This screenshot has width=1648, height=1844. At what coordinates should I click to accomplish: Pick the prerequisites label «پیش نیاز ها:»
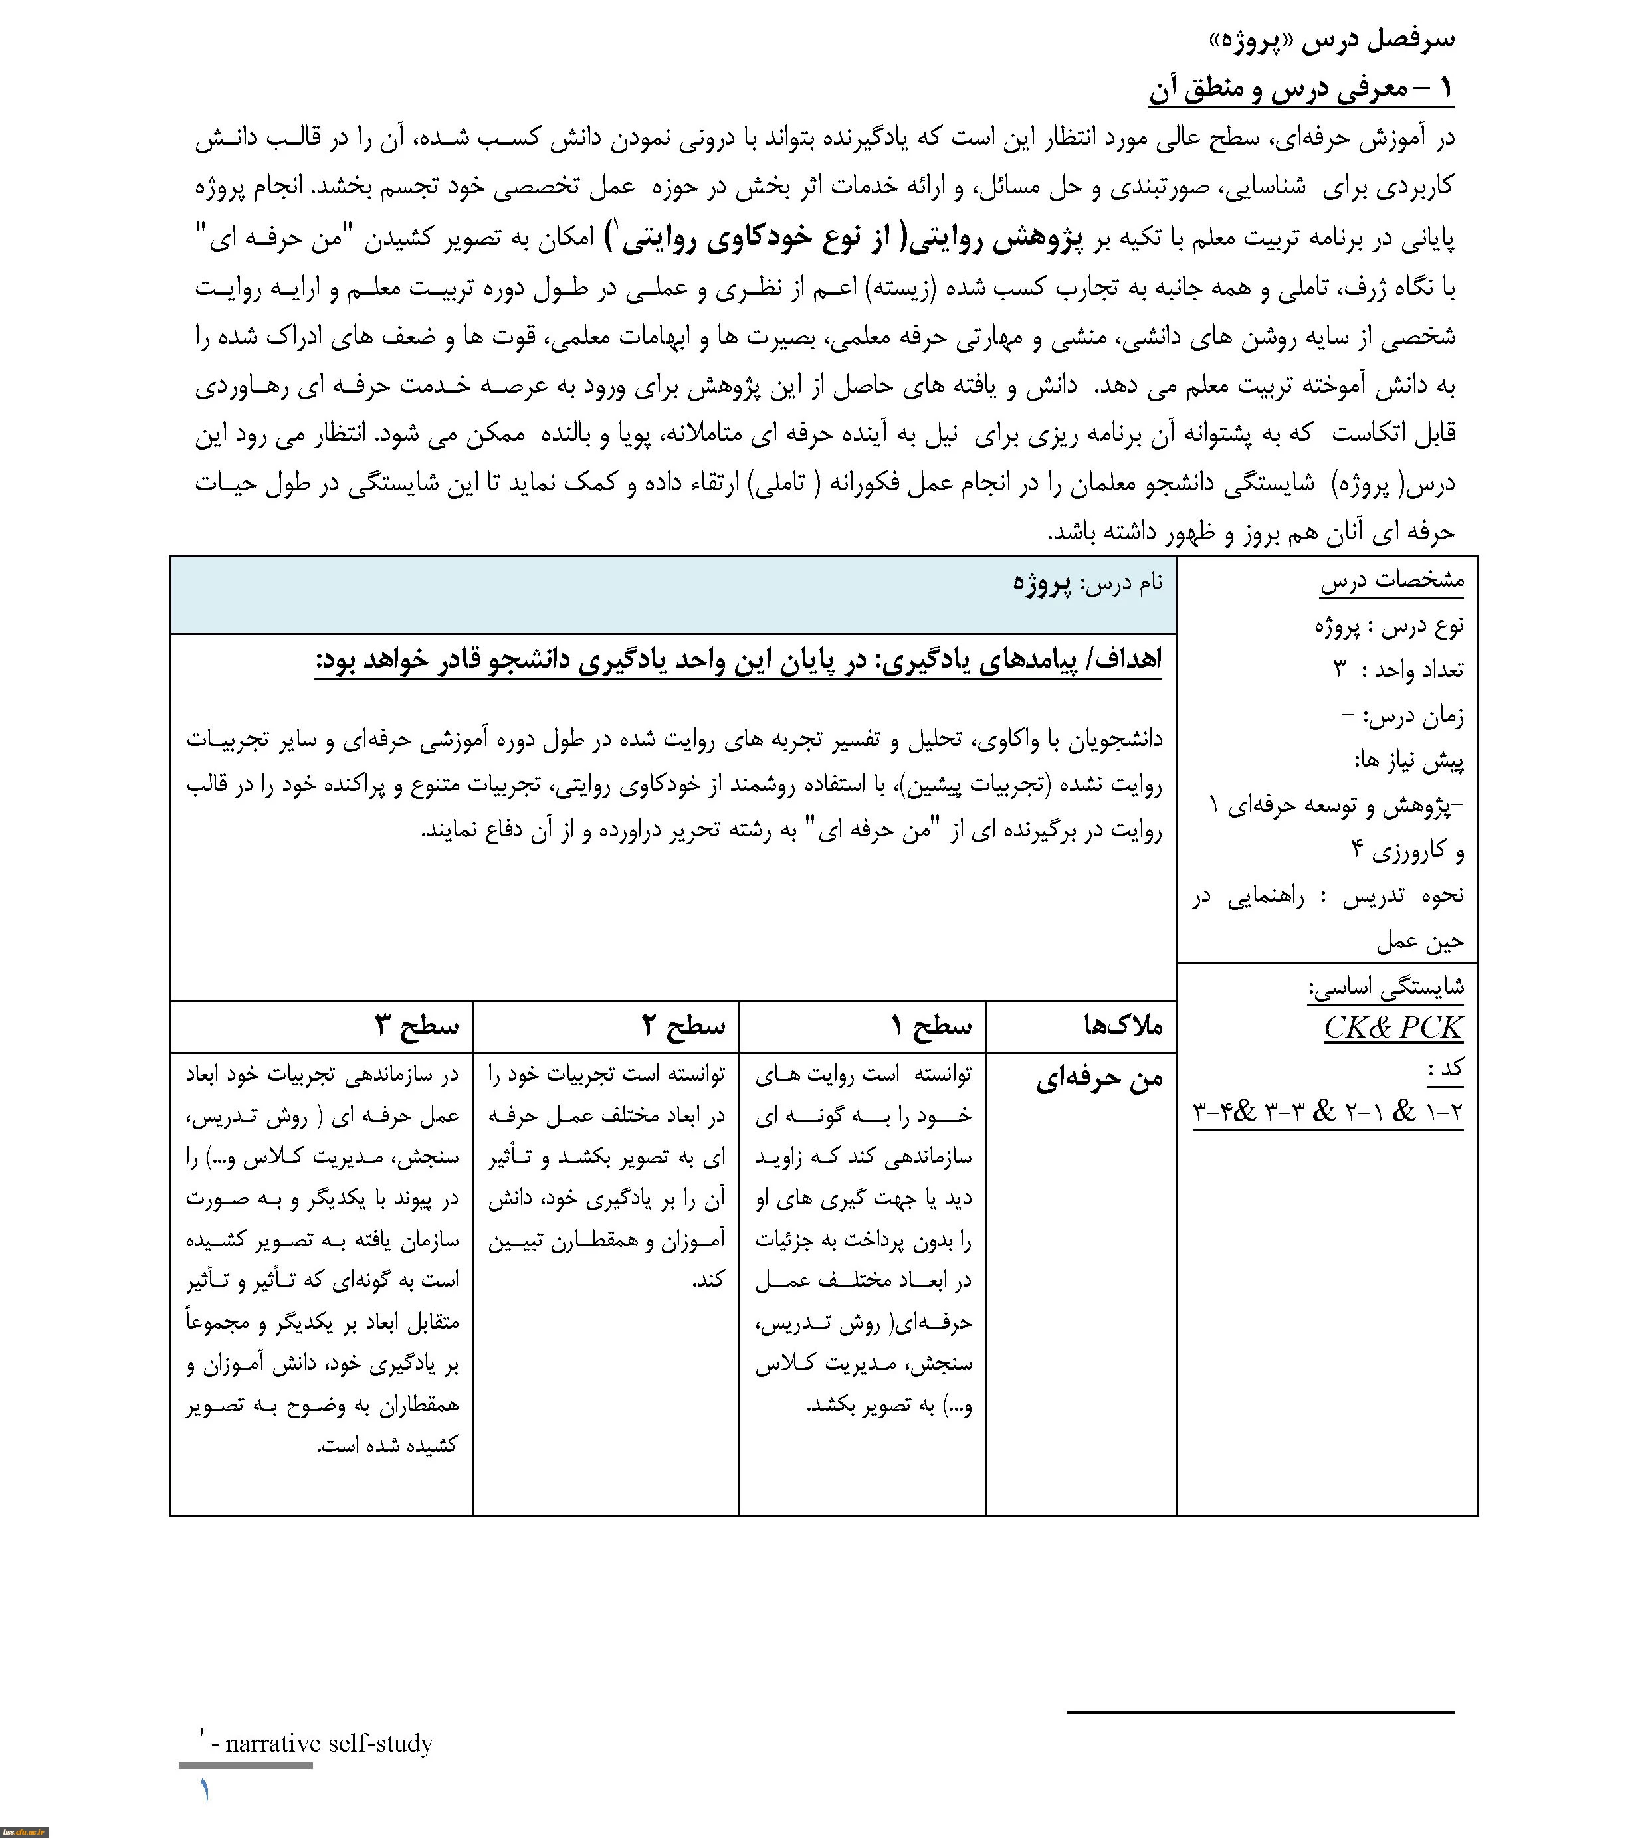(1408, 761)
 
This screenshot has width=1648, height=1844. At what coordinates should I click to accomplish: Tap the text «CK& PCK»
(1393, 1028)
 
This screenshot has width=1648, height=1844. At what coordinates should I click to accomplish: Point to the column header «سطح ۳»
(417, 1026)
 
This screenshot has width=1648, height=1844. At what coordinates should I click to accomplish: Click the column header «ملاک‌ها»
(1123, 1026)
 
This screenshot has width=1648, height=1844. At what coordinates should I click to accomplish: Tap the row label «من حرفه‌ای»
(1098, 1078)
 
